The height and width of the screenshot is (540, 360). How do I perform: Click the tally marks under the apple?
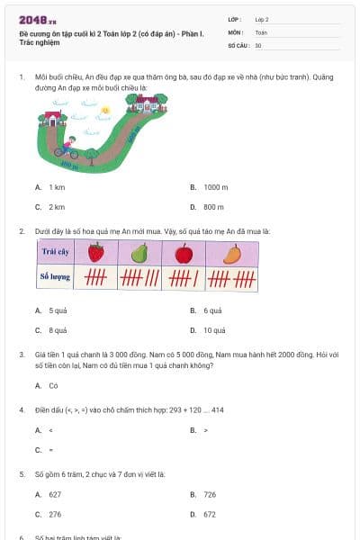coord(184,278)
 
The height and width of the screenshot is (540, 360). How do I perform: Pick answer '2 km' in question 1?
coord(57,207)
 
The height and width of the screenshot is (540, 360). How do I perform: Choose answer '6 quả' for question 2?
coord(212,310)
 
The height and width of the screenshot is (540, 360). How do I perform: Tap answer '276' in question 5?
coord(56,514)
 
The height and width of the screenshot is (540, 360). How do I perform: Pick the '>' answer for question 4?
coord(206,430)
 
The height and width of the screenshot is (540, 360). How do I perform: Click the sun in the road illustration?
coord(105,110)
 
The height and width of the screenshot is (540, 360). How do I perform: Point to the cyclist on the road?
coord(65,147)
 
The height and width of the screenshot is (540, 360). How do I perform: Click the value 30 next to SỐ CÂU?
coord(259,44)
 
